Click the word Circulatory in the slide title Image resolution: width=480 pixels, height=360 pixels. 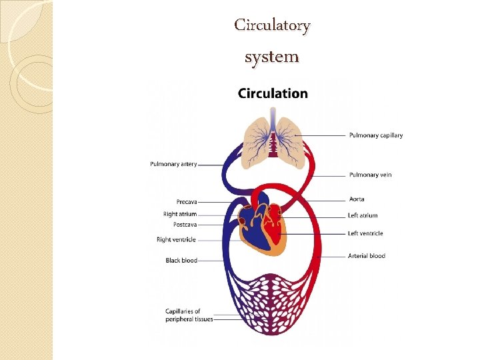(272, 25)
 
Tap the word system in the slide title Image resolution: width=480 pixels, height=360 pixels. (271, 57)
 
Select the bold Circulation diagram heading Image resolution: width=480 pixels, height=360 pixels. (273, 93)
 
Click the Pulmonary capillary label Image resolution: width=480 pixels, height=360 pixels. (375, 135)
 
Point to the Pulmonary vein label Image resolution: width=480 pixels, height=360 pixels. (370, 175)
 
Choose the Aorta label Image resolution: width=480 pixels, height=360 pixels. (357, 199)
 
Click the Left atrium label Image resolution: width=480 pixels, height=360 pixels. (363, 215)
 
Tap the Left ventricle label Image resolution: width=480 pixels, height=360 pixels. (365, 233)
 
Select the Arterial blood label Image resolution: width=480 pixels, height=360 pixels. (366, 255)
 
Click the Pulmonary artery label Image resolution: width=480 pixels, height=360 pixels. (173, 164)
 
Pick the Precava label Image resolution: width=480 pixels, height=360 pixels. (187, 201)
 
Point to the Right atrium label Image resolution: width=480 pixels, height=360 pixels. (180, 214)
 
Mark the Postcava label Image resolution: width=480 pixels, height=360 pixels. (185, 224)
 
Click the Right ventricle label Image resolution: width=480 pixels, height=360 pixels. (176, 239)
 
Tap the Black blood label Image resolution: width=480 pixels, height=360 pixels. (181, 260)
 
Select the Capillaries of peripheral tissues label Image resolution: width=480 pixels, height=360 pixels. (189, 315)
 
